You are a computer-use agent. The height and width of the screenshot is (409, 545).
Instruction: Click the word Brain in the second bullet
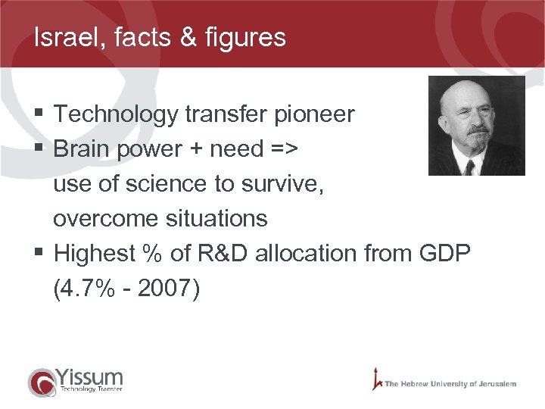coord(81,149)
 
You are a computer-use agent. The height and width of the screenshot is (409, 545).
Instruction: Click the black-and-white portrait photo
coord(476,126)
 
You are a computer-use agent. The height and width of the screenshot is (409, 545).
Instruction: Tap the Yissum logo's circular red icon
coord(41,382)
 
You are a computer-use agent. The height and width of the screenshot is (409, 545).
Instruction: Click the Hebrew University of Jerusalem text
coord(450,384)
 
